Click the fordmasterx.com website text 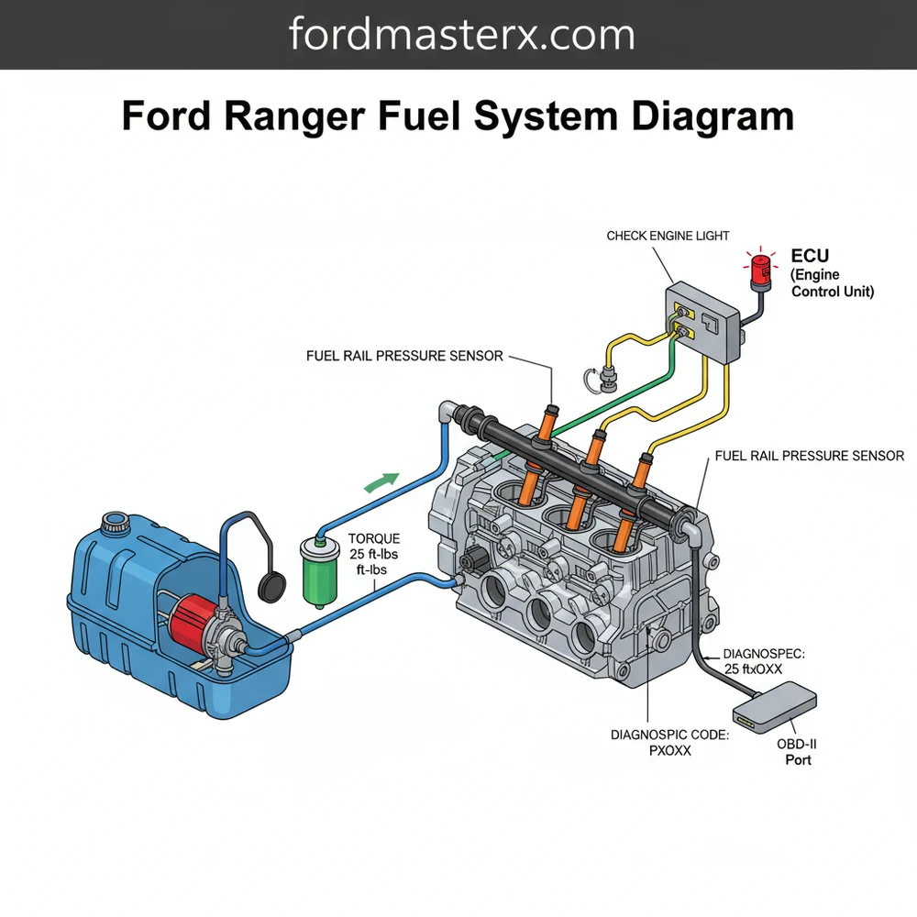pyautogui.click(x=461, y=35)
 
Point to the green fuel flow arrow pyautogui.click(x=382, y=481)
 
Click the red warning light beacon pyautogui.click(x=760, y=268)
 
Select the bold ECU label pyautogui.click(x=809, y=257)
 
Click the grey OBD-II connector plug pyautogui.click(x=775, y=709)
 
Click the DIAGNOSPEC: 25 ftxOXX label pyautogui.click(x=765, y=661)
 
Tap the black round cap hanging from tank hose pyautogui.click(x=269, y=583)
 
